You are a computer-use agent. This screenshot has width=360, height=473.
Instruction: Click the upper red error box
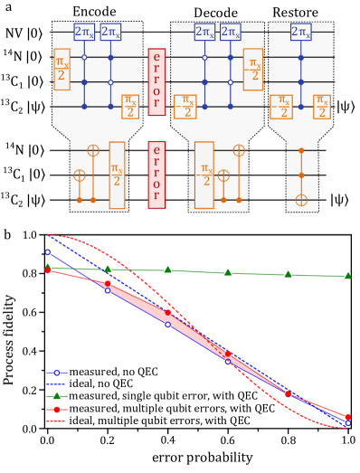(x=156, y=80)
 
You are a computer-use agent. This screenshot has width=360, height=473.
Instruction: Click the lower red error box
(x=156, y=174)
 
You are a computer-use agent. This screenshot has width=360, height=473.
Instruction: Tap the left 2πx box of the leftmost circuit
(x=83, y=32)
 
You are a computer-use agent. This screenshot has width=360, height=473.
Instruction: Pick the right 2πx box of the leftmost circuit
(x=111, y=32)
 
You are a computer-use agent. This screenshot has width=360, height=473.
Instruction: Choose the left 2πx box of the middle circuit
(x=205, y=32)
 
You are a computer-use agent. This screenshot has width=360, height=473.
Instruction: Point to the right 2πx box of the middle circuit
(x=232, y=32)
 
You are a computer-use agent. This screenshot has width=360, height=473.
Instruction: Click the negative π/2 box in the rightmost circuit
(x=281, y=107)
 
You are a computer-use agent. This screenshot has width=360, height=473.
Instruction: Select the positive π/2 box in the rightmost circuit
(x=321, y=107)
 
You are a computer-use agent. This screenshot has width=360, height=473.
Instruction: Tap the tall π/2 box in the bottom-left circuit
(x=117, y=175)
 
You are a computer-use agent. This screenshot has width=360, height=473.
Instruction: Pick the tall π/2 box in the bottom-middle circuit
(x=204, y=175)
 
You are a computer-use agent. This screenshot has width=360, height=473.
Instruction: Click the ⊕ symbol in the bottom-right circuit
(x=302, y=199)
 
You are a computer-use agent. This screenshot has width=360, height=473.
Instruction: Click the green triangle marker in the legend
(x=57, y=396)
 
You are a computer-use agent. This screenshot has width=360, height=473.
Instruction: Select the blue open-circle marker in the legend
(x=57, y=373)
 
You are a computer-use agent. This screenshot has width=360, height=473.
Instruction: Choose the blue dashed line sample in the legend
(x=57, y=384)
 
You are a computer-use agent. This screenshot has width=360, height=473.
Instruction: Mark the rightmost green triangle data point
(x=347, y=276)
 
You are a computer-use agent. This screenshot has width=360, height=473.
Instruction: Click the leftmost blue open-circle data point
(x=47, y=252)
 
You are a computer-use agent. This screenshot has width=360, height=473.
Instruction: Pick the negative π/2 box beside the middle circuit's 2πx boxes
(x=251, y=69)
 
